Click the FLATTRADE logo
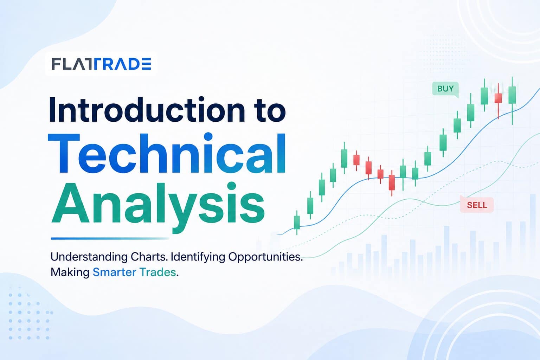click(x=101, y=64)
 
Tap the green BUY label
click(x=445, y=89)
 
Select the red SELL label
click(x=477, y=205)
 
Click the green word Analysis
click(x=158, y=204)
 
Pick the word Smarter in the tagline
click(x=115, y=272)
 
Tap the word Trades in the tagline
click(x=157, y=272)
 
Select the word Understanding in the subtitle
click(x=89, y=257)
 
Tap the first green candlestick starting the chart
click(x=297, y=222)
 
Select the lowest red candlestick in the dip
click(x=392, y=183)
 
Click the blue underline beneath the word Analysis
click(x=110, y=238)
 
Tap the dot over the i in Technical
click(x=208, y=136)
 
